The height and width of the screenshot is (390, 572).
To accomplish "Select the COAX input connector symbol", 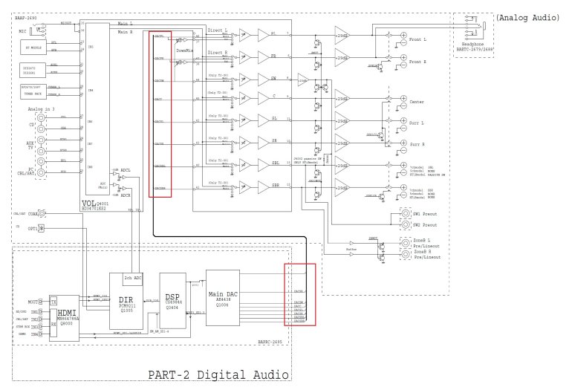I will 42,215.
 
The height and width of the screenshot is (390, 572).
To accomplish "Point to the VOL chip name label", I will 97,201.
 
